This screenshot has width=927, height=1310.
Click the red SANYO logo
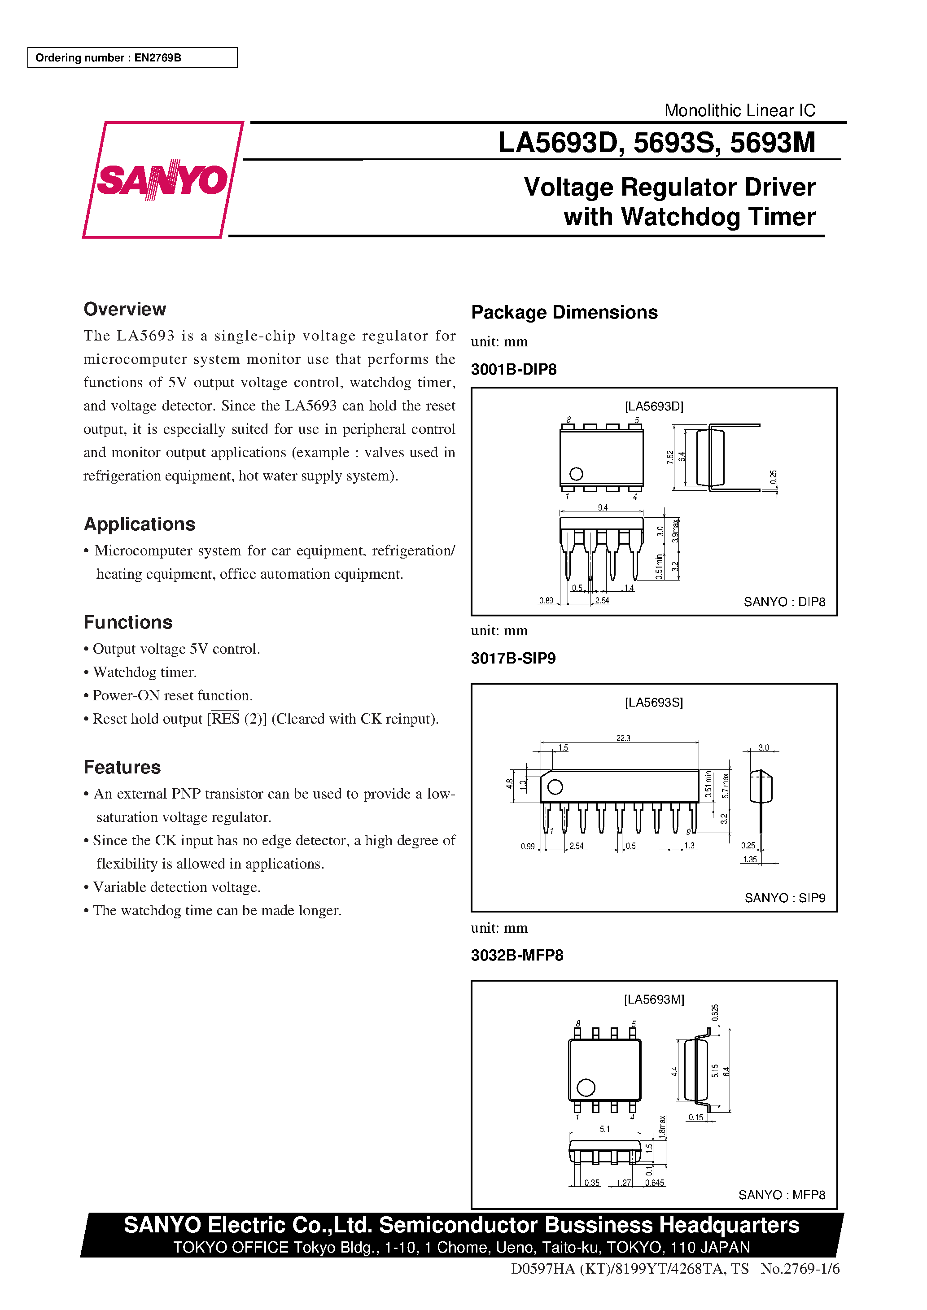coord(163,180)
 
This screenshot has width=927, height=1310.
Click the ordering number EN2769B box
coord(132,57)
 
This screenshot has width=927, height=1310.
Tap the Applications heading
coord(139,524)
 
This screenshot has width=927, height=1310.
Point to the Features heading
coord(122,767)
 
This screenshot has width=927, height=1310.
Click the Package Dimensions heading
coord(564,312)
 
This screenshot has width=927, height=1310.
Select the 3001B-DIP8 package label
coord(513,369)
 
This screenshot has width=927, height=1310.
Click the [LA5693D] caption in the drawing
coord(654,406)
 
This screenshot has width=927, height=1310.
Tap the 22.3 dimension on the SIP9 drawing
coord(623,738)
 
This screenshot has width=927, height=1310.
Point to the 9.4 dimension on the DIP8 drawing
coord(602,507)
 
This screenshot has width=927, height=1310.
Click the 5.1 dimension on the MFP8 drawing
coord(604,1129)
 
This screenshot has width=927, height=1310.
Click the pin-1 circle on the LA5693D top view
coord(576,474)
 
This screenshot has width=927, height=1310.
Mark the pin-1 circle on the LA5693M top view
coord(586,1087)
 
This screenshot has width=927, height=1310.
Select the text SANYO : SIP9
coord(784,898)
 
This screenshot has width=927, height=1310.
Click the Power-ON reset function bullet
coord(172,695)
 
